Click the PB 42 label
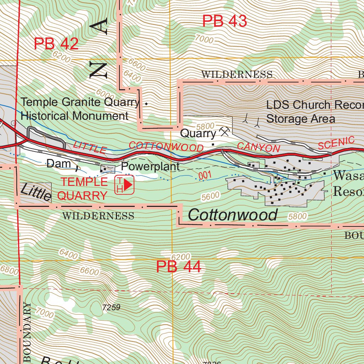point(56,44)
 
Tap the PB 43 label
point(224,21)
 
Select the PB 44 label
point(178,267)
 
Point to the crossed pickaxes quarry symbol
point(225,132)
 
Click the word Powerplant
point(150,166)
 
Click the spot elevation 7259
point(111,307)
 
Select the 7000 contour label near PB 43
point(204,39)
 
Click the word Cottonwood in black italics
point(232,215)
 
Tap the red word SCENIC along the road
point(336,143)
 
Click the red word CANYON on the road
point(258,147)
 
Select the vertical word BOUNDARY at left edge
point(28,332)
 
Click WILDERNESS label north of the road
point(237,75)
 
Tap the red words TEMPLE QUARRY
point(84,188)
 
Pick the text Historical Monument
point(74,116)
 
